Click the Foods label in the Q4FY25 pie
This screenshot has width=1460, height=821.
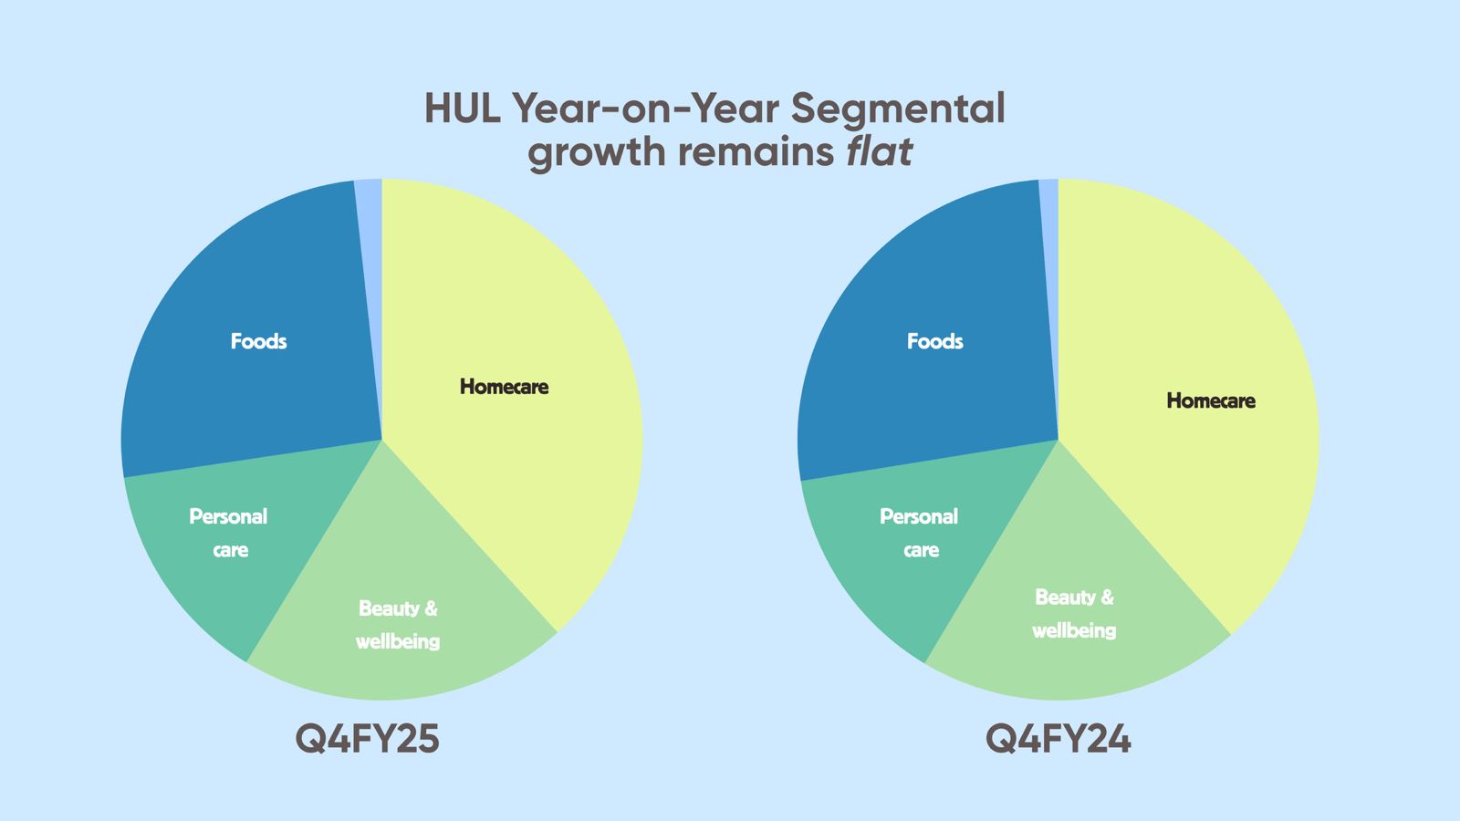pyautogui.click(x=259, y=341)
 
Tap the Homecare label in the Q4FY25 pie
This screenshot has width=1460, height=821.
pyautogui.click(x=504, y=387)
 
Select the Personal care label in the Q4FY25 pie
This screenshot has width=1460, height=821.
pyautogui.click(x=229, y=533)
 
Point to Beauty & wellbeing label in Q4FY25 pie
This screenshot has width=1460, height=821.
pyautogui.click(x=398, y=625)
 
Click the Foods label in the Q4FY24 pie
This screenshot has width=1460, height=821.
pyautogui.click(x=934, y=341)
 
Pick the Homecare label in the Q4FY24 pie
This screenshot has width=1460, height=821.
pyautogui.click(x=1211, y=400)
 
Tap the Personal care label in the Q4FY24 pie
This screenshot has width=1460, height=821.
pyautogui.click(x=919, y=533)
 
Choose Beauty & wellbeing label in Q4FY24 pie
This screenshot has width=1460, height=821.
pyautogui.click(x=1074, y=614)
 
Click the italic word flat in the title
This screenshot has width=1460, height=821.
pyautogui.click(x=880, y=151)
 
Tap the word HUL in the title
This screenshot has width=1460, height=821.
pyautogui.click(x=463, y=109)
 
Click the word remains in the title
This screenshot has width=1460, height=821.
pyautogui.click(x=756, y=152)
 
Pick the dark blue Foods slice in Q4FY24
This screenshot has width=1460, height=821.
pyautogui.click(x=925, y=326)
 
